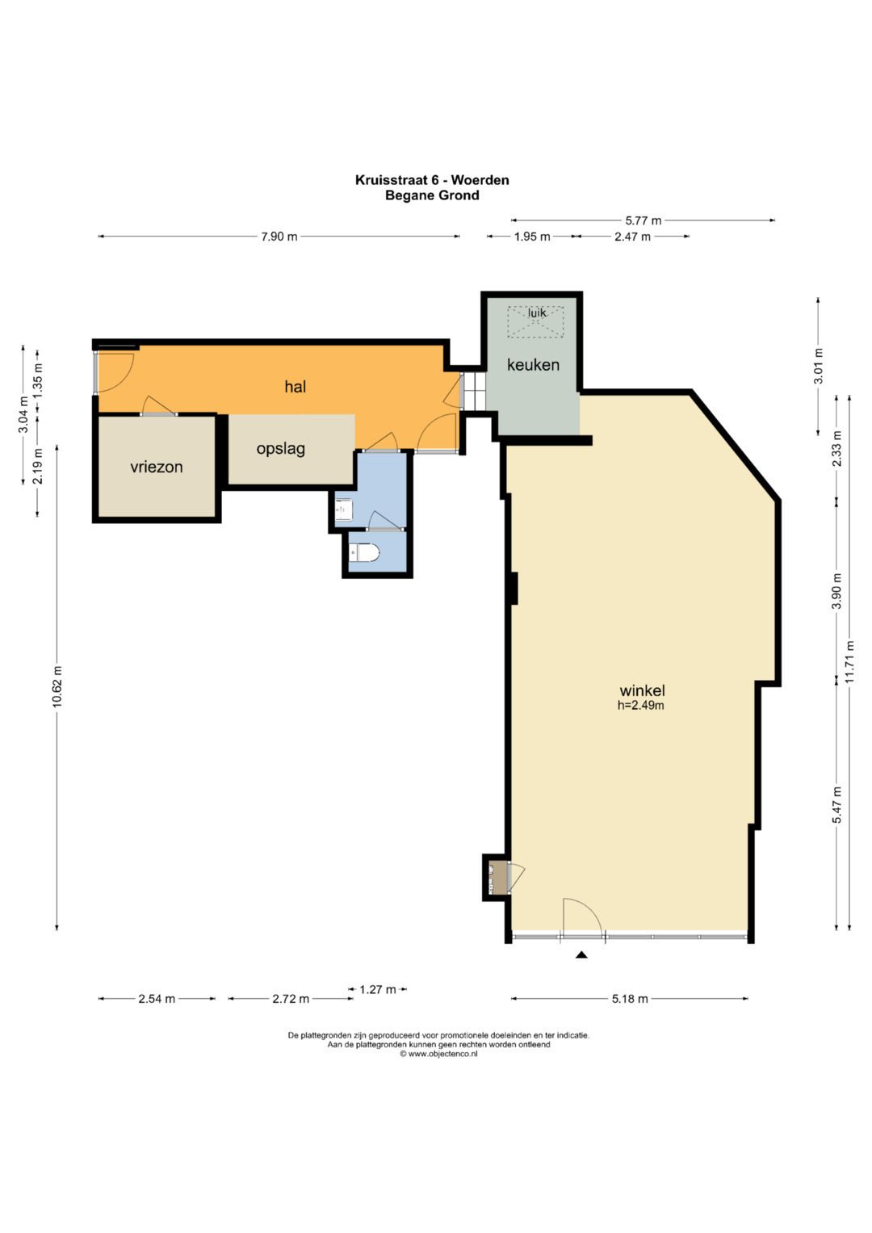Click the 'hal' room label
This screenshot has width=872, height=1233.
pos(295,387)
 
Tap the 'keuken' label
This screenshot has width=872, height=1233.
pos(533,364)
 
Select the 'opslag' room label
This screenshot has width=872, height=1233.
pos(281,449)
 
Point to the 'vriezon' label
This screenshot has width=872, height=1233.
pos(157,468)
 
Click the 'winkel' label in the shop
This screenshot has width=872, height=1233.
pos(643,690)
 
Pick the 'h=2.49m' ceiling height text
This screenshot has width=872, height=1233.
pos(641,705)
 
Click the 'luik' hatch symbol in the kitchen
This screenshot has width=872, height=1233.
pos(535,321)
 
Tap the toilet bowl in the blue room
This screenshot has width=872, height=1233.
pos(364,553)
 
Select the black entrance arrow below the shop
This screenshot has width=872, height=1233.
pos(581,955)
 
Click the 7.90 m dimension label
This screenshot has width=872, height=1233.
pos(279,237)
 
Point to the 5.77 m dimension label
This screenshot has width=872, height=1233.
pos(643,220)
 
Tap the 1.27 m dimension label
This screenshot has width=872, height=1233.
pos(378,989)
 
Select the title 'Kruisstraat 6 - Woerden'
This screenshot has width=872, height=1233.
pos(432,180)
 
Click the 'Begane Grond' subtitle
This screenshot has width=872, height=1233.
pos(432,195)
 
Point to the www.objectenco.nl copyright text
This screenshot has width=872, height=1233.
pos(438,1054)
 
